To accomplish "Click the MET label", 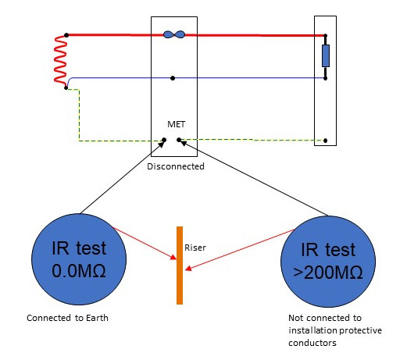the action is (x=177, y=124).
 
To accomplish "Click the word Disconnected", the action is (x=176, y=166).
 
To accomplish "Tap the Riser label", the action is (x=195, y=248).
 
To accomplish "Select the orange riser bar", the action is (x=180, y=266).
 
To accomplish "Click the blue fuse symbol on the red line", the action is (x=174, y=34).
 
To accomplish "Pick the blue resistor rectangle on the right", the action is (x=326, y=55).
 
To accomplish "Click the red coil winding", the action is (x=60, y=61).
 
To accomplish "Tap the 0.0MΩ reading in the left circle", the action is (x=79, y=271).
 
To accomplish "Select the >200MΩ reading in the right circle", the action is (x=328, y=273).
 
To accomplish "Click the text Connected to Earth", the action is (x=67, y=318).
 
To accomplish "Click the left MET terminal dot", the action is (x=164, y=140).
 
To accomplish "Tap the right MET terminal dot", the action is (x=179, y=140).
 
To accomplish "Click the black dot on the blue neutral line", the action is (x=173, y=78).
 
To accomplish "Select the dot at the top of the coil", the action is (x=66, y=35).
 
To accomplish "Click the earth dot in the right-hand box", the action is (x=325, y=141).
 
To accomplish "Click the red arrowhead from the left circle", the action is (x=173, y=258).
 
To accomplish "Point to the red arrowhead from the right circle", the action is (x=188, y=269).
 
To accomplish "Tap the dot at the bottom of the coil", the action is (x=66, y=88).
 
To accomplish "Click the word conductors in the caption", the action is (x=312, y=343).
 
